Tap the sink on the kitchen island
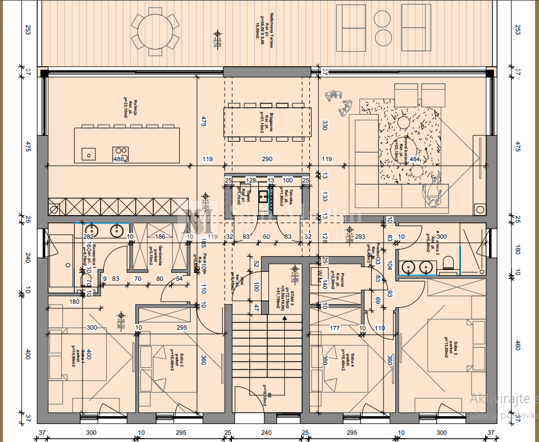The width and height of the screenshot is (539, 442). point(89,152)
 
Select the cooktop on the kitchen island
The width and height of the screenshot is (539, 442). point(121,151)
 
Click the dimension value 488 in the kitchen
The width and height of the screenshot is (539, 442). point(118,160)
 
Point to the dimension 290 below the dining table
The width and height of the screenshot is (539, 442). point(267,160)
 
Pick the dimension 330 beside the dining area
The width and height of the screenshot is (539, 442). point(325,124)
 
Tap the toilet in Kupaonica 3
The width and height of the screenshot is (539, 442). point(447,263)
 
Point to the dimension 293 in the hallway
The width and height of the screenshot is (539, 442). point(360,237)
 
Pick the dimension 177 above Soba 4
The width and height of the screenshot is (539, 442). point(335,328)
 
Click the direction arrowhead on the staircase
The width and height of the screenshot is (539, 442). point(285,317)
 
